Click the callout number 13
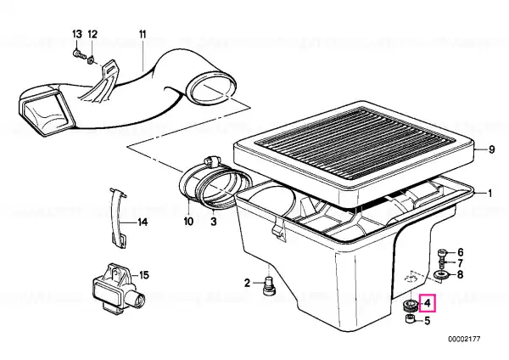coord(77,34)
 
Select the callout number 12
coord(92,34)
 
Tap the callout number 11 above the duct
coord(143,34)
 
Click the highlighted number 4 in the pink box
coord(428,303)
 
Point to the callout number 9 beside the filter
coord(492,149)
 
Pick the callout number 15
coord(144,275)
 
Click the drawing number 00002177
coord(464,340)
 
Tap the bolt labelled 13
coord(79,54)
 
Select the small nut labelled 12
coord(92,59)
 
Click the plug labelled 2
coord(269,286)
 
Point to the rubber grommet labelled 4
coord(411,305)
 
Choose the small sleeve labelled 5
coord(411,319)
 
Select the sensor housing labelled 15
coord(118,290)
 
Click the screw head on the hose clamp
coord(211,160)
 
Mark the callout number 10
coord(188,222)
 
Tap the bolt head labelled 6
coord(442,252)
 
